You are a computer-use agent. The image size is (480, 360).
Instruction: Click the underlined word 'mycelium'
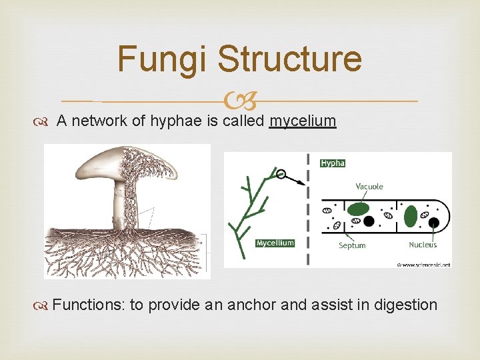click(x=303, y=121)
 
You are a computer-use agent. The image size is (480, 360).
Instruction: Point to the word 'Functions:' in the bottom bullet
click(x=89, y=305)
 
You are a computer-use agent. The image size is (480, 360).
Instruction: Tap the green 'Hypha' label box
click(x=333, y=163)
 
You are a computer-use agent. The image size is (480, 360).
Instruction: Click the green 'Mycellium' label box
click(x=275, y=243)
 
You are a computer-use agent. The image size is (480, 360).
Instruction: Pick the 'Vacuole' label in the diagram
click(x=369, y=187)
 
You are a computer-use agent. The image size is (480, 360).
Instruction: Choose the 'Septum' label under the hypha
click(x=351, y=245)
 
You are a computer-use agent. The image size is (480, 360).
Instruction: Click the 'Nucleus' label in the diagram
click(x=423, y=245)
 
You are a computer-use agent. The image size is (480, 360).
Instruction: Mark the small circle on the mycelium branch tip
click(x=281, y=174)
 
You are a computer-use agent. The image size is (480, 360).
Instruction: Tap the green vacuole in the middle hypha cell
click(x=358, y=209)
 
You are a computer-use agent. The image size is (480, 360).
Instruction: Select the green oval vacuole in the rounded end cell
click(x=411, y=215)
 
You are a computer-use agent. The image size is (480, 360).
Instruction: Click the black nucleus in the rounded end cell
click(x=434, y=222)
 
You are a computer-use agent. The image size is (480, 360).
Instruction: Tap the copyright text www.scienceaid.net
click(x=423, y=265)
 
